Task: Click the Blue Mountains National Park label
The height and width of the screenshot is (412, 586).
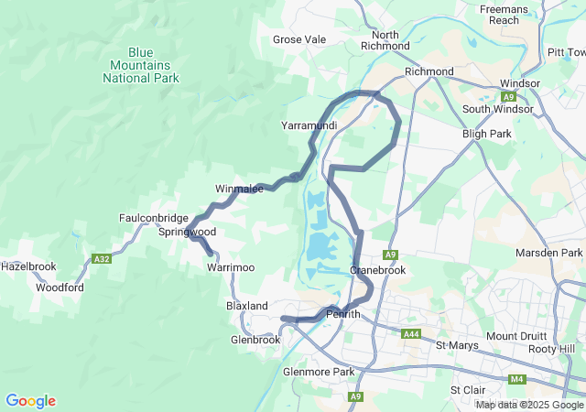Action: [x=141, y=65]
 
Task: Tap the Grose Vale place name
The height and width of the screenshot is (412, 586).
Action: [x=299, y=39]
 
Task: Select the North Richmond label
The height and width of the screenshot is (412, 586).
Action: [x=385, y=40]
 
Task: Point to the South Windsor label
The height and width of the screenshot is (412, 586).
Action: [x=497, y=110]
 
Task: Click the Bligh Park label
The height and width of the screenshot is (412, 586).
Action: [x=487, y=134]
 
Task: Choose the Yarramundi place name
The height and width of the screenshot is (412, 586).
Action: [x=309, y=125]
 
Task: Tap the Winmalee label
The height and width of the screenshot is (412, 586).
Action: [x=240, y=189]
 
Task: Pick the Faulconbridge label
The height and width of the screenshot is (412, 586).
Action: [x=154, y=218]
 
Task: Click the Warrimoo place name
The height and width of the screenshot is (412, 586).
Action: [x=230, y=266]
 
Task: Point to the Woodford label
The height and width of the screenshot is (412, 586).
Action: [x=60, y=287]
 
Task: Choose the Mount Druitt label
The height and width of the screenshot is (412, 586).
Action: [x=515, y=336]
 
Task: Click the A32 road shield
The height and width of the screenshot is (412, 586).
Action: [x=102, y=259]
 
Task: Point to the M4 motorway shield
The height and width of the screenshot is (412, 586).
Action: [x=517, y=379]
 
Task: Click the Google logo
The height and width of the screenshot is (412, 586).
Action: [x=30, y=401]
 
